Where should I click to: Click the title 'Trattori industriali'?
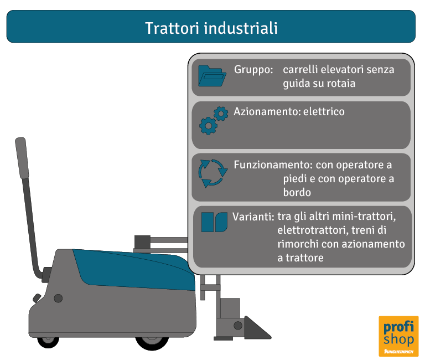[211, 28]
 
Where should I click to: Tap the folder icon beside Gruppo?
[212, 77]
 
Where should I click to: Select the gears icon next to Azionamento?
[213, 120]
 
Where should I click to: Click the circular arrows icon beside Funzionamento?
[213, 172]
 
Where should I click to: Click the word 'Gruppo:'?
[253, 70]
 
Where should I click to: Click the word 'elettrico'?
[324, 112]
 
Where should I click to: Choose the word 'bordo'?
[297, 192]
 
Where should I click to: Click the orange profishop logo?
[398, 336]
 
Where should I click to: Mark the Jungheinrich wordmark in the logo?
[398, 351]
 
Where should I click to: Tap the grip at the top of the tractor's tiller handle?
[22, 157]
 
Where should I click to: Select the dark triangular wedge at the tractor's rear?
[255, 328]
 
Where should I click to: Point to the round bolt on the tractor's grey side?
[58, 299]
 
